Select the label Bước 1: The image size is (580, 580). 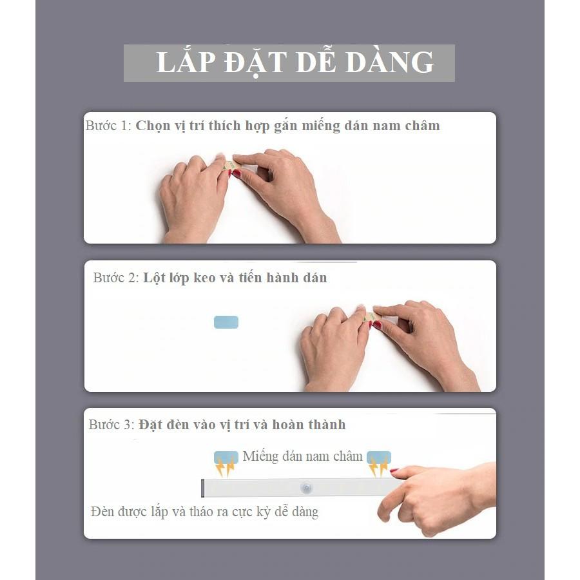coord(108,126)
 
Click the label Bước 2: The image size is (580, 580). coord(116,277)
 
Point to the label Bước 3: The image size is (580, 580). coord(111,424)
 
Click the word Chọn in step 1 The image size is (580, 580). coord(153,126)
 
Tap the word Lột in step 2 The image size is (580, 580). coord(154,278)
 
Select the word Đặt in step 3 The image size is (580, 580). coord(151,424)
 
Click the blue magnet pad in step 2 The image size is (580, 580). coord(226,322)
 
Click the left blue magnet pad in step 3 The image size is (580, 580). coord(226,457)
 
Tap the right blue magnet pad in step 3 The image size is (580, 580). coord(379,457)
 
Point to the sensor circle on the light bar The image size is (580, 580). coord(307,488)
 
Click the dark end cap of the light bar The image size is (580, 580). coord(203,488)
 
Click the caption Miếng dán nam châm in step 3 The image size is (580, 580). coord(303,456)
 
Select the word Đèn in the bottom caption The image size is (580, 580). coord(101,512)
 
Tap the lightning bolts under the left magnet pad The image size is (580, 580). coord(226,467)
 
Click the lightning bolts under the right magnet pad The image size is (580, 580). coord(378,467)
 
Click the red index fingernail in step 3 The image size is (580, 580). coord(394,470)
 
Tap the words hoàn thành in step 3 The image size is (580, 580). coord(309,424)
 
